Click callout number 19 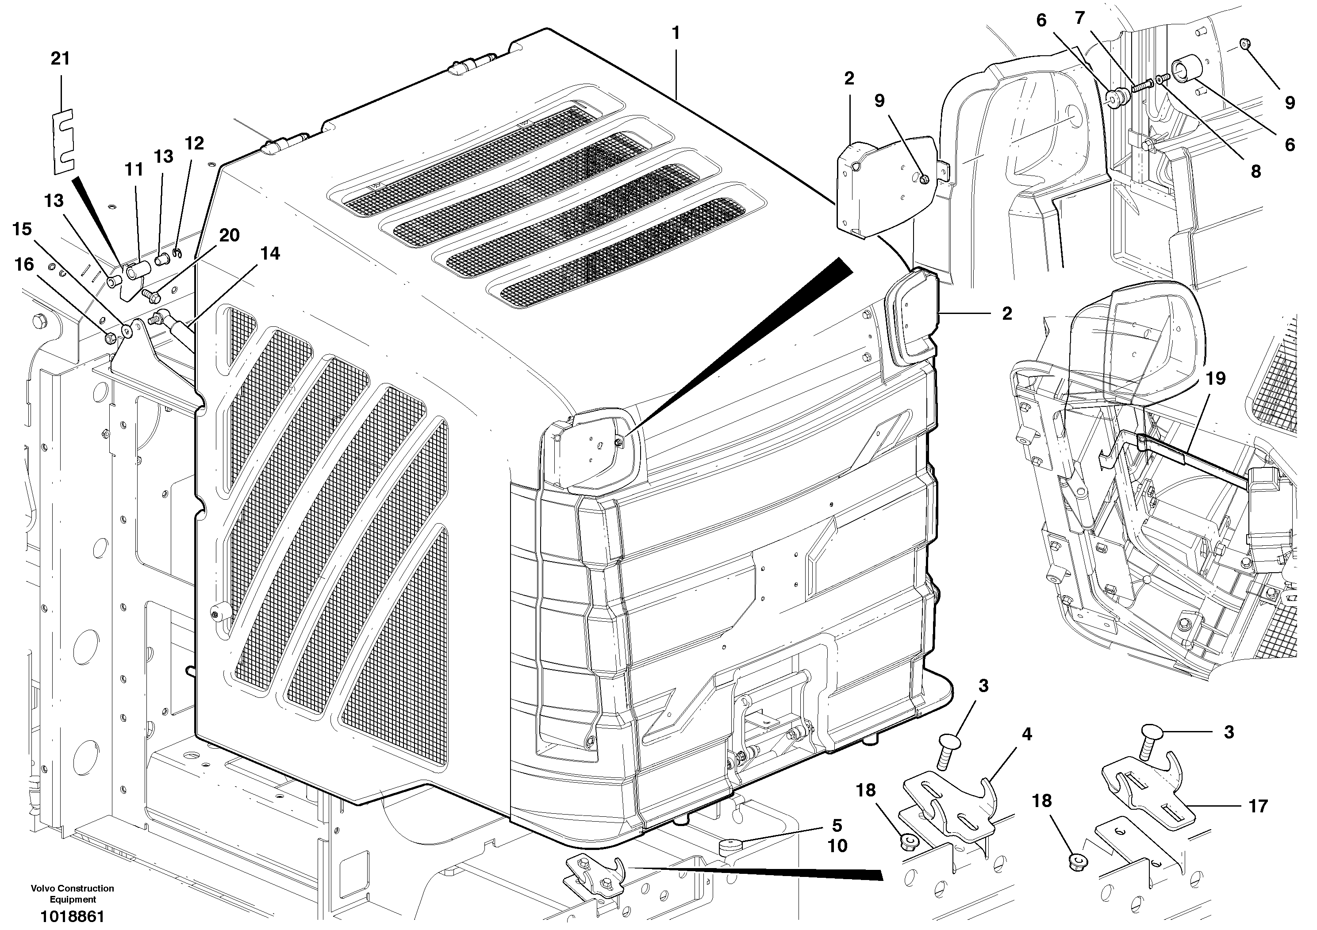point(1215,379)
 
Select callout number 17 point(1258,806)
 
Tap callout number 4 point(1027,734)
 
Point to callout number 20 point(230,235)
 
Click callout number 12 point(195,143)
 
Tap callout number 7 point(1080,18)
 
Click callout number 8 point(1256,171)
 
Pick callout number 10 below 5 point(837,846)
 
